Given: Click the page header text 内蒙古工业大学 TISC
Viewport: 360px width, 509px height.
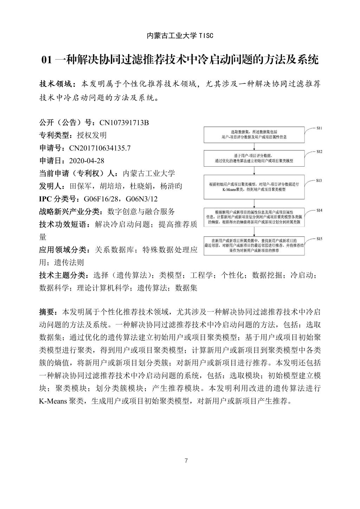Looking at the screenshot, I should coord(180,36).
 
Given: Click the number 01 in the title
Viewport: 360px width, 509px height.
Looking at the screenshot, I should coord(46,60).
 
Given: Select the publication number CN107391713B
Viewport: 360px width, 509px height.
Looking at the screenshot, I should coord(124,123).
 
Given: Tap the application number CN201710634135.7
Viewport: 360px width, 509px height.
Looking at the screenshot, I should coord(100,148).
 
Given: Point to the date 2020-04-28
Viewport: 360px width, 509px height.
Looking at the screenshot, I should coord(87,161).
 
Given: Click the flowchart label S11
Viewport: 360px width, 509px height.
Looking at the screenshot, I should coord(319,128).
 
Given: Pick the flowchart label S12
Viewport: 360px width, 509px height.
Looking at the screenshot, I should coord(319,152).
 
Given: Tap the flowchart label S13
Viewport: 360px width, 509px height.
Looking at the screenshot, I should coord(319,180).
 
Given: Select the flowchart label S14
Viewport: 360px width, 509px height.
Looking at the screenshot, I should coord(319,210).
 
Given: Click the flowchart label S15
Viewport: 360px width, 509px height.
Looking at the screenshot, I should coord(319,239).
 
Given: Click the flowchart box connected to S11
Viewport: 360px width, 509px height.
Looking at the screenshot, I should coord(254,134).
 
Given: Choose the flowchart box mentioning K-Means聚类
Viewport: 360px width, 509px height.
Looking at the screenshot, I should coord(254,187).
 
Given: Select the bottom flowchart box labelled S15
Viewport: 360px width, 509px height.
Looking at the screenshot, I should coord(254,245).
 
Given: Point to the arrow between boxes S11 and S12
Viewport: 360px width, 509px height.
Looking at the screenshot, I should coord(254,147).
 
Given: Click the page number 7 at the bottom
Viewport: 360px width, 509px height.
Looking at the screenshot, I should coord(186,461).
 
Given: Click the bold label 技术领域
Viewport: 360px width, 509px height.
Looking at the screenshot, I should coord(56,84).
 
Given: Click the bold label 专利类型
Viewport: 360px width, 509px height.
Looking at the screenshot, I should coord(54,135).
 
